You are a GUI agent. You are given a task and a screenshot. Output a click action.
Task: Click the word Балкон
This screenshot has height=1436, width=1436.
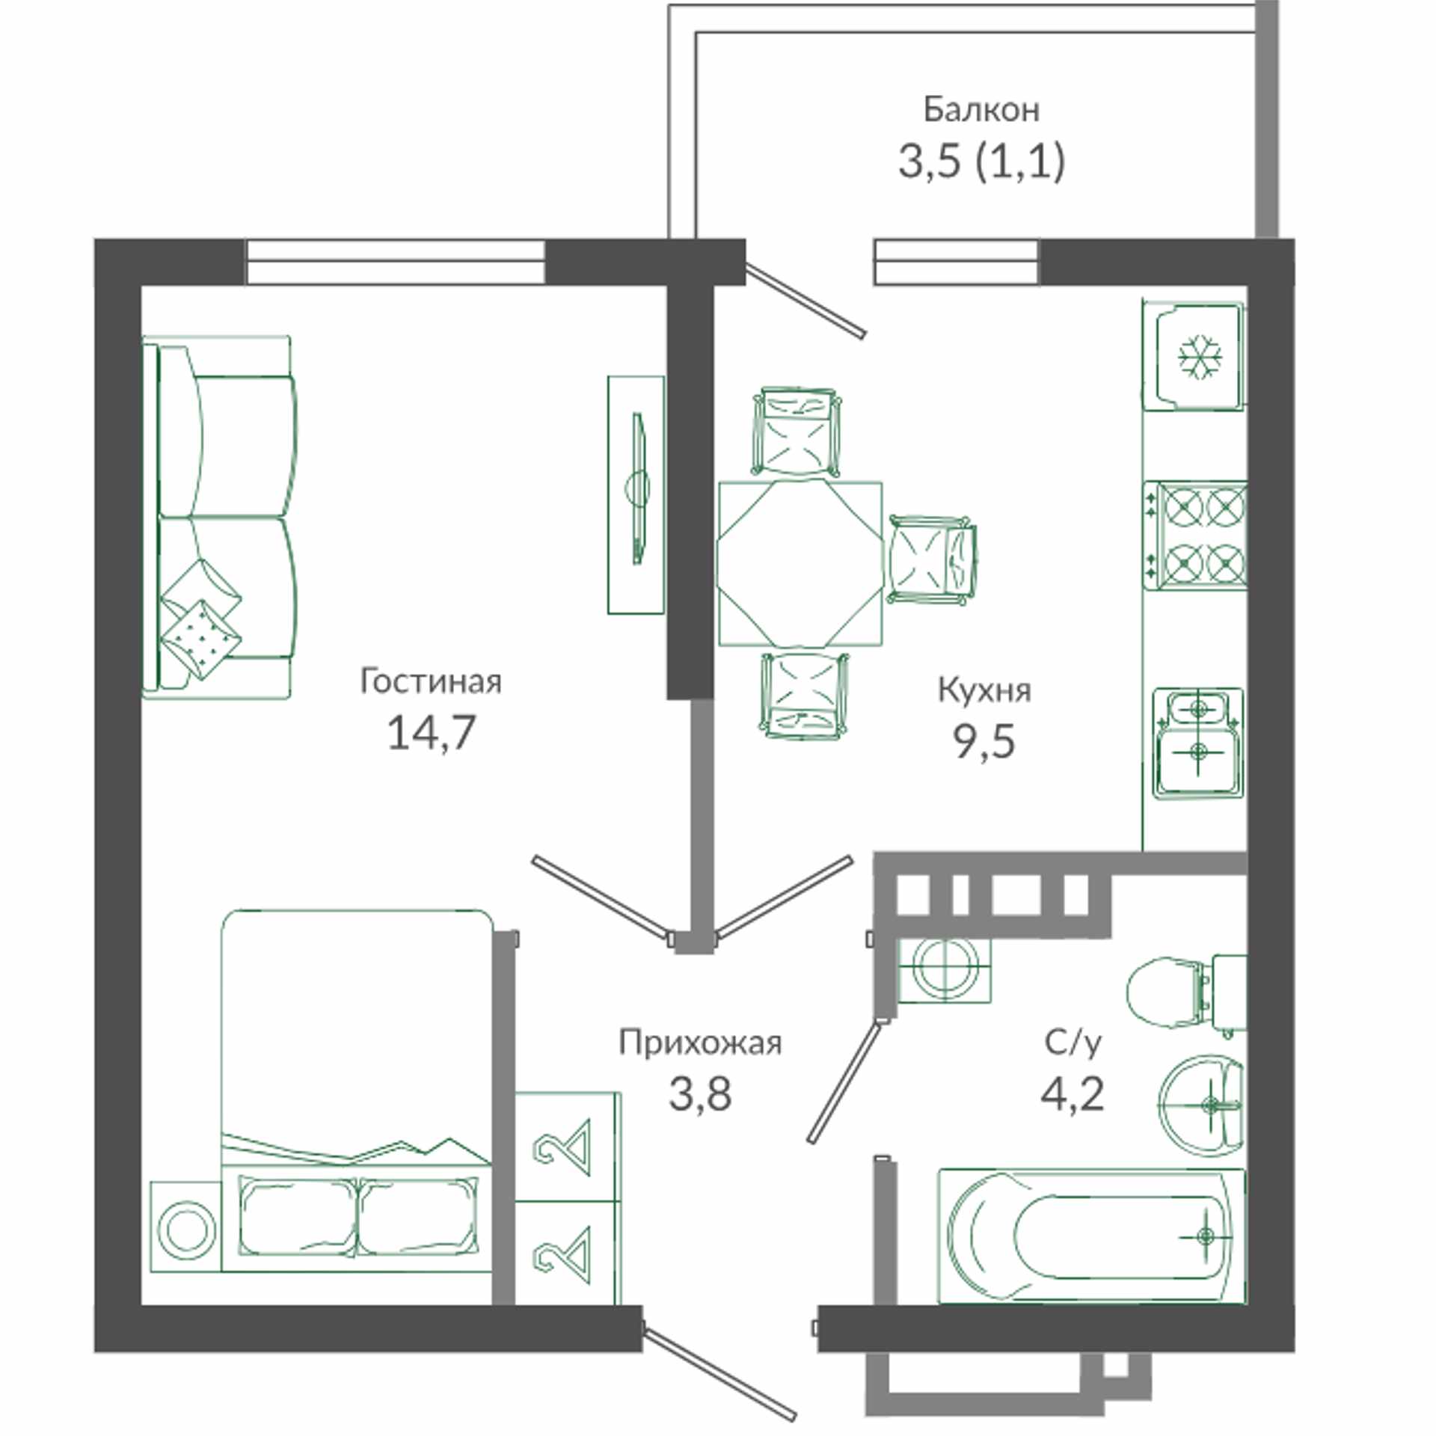coord(981,110)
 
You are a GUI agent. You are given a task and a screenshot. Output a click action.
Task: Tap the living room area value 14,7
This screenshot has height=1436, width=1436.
coord(431,732)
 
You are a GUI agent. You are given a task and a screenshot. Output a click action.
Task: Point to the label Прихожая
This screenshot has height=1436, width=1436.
coord(700,1043)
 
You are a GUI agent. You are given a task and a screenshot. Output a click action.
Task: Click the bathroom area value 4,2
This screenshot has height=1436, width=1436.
coord(1072,1093)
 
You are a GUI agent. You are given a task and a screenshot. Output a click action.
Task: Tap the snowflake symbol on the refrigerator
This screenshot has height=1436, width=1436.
coord(1200,358)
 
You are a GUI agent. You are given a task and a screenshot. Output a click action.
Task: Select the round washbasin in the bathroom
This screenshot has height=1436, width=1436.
coord(1201,1105)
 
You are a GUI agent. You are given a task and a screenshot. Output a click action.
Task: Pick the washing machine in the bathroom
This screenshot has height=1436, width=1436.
coord(944,969)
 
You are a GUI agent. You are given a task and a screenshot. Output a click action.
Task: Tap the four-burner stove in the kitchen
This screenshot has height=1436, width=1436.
coord(1195,535)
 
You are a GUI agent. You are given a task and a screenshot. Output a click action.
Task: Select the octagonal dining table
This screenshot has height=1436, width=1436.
coord(800,563)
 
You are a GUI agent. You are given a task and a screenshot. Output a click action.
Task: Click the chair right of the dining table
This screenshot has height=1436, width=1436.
coord(932,559)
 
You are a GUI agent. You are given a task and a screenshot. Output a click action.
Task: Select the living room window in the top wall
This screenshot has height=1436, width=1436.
coord(395,262)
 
